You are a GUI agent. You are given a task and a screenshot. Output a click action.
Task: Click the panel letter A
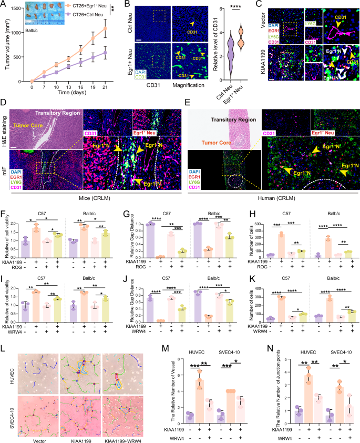click(5, 5)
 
